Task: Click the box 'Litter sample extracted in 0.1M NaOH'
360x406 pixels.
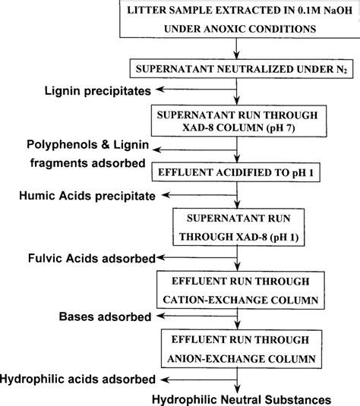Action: point(238,20)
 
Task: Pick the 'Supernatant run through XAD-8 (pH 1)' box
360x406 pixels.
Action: point(238,224)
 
